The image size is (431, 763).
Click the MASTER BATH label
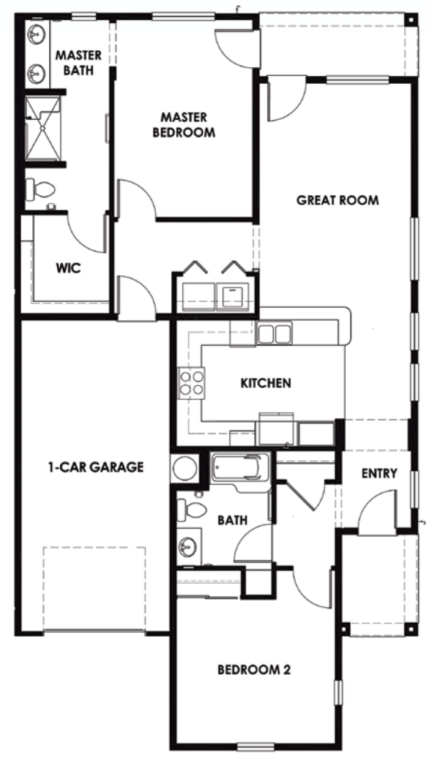point(79,62)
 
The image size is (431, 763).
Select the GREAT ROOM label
point(337,200)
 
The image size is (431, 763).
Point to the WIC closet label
point(69,268)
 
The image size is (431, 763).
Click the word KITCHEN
point(266,383)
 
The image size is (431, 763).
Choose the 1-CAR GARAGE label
point(92,467)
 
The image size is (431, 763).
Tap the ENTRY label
point(380,474)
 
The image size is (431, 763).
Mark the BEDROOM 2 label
point(254,670)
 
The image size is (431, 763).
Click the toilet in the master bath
point(40,190)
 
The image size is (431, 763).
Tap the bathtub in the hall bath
point(240,469)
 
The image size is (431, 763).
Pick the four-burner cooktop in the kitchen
point(191,382)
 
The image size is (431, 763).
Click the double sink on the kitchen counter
point(274,334)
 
